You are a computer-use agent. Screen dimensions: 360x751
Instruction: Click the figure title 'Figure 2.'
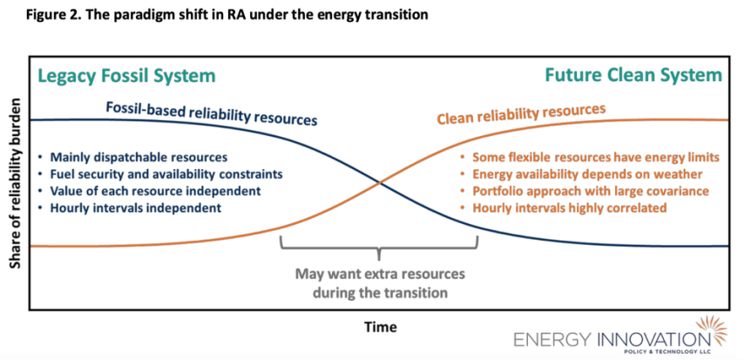[x=36, y=16]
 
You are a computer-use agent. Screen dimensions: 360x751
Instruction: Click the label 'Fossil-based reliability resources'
[x=212, y=113]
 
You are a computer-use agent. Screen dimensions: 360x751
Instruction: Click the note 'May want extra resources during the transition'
[x=380, y=283]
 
